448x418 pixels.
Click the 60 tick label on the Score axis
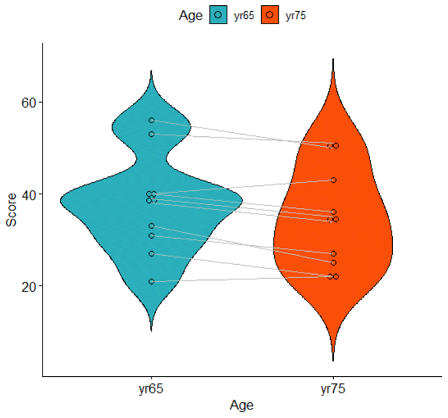(29, 103)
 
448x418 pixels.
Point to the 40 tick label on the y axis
(29, 195)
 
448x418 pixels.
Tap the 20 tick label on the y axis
(29, 287)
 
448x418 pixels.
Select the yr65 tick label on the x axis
(151, 389)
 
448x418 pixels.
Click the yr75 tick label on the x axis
(333, 389)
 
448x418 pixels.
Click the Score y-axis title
(12, 210)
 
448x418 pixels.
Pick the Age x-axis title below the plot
(242, 405)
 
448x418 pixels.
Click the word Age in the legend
(190, 16)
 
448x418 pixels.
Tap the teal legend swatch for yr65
(218, 15)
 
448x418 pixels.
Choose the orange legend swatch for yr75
(270, 15)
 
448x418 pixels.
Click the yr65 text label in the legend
(244, 16)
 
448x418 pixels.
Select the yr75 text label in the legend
(295, 16)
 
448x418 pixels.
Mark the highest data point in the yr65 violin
(152, 120)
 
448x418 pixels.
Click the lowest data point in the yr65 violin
(152, 282)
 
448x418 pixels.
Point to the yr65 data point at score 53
(152, 134)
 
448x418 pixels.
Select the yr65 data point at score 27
(152, 254)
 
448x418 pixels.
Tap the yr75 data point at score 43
(333, 180)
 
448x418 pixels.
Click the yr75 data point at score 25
(333, 263)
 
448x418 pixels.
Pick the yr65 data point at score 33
(152, 226)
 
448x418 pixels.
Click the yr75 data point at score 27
(333, 254)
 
